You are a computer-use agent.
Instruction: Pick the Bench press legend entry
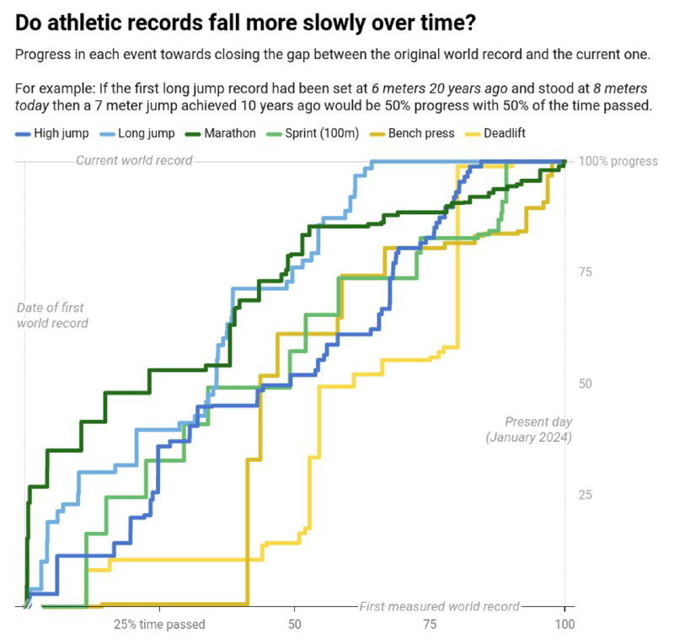421,133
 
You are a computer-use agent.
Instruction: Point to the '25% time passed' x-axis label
159,625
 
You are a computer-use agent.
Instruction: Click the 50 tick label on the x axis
294,625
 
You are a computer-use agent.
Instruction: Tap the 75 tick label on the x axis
430,625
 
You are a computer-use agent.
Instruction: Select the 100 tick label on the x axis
564,625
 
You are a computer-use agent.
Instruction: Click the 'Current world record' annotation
134,160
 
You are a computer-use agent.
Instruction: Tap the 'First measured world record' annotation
439,606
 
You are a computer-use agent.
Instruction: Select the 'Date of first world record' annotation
51,315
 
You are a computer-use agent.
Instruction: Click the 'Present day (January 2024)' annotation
529,429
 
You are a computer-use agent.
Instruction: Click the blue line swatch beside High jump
23,133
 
